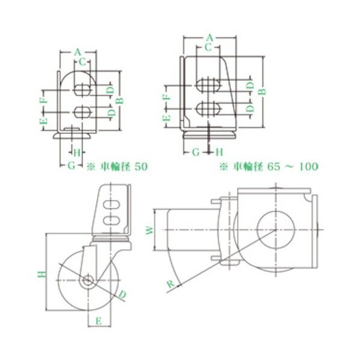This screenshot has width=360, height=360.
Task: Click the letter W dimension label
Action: (151, 230)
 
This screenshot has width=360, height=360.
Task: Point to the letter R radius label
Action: (171, 282)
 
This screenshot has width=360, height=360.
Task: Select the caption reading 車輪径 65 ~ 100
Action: (267, 165)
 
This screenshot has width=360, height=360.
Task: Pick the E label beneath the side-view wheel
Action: (98, 321)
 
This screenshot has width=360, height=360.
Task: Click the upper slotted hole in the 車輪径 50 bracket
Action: (83, 90)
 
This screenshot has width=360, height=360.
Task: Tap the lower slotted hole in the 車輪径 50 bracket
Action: (83, 112)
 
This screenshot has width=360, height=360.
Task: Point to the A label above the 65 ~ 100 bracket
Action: (209, 37)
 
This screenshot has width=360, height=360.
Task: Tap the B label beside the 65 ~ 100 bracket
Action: (262, 92)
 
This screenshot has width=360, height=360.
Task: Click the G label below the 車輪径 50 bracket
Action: (70, 165)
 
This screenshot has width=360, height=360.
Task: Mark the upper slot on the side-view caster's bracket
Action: (111, 205)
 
